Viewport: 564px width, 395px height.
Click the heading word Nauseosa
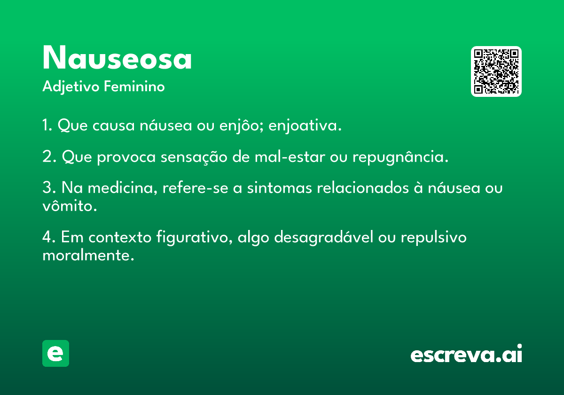pyautogui.click(x=117, y=57)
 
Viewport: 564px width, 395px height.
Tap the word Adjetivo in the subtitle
pyautogui.click(x=71, y=87)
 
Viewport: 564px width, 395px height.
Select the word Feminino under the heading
pyautogui.click(x=134, y=86)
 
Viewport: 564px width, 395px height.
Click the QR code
pyautogui.click(x=496, y=71)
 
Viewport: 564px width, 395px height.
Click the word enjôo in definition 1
pyautogui.click(x=239, y=126)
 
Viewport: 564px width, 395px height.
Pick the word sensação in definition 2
pyautogui.click(x=194, y=157)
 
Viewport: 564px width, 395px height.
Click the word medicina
pyautogui.click(x=122, y=188)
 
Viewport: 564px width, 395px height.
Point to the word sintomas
pyautogui.click(x=280, y=188)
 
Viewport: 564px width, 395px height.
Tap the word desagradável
pyautogui.click(x=323, y=237)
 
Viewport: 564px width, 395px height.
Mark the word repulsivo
pyautogui.click(x=433, y=237)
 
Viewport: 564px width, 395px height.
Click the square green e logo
pyautogui.click(x=55, y=353)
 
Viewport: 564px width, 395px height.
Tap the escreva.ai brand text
pyautogui.click(x=466, y=354)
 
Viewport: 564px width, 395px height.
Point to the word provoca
pyautogui.click(x=126, y=157)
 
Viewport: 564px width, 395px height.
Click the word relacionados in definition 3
pyautogui.click(x=363, y=188)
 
